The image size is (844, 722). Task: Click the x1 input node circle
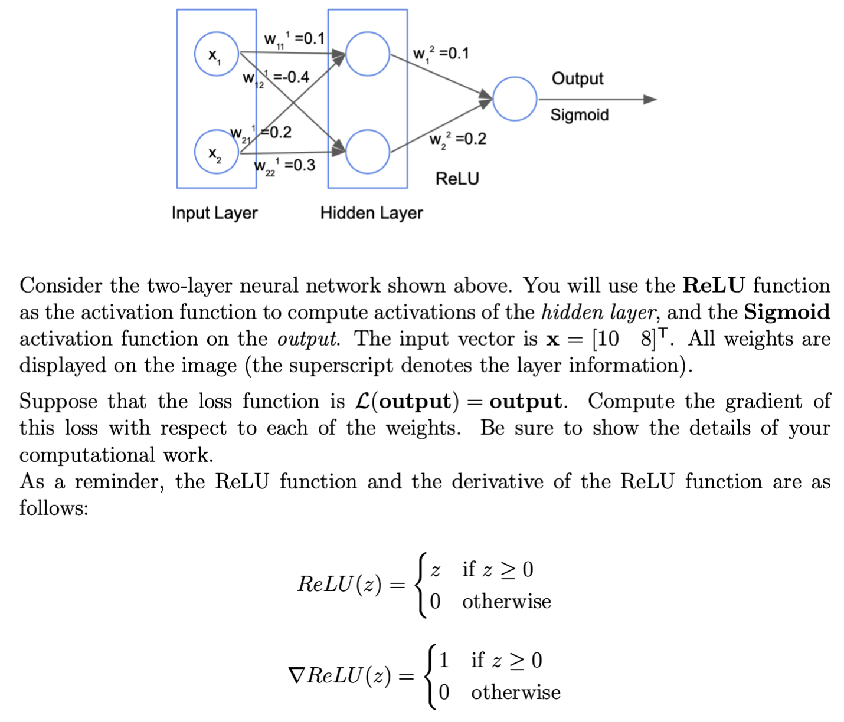pyautogui.click(x=217, y=54)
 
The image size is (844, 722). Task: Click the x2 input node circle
pyautogui.click(x=217, y=152)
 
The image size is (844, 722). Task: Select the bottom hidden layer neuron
pyautogui.click(x=367, y=152)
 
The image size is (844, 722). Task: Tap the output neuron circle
pyautogui.click(x=515, y=99)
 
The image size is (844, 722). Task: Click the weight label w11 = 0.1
pyautogui.click(x=294, y=40)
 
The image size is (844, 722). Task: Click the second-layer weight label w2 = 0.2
pyautogui.click(x=457, y=139)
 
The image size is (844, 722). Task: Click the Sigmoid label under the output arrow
pyautogui.click(x=579, y=115)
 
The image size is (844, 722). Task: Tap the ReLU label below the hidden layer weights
pyautogui.click(x=457, y=179)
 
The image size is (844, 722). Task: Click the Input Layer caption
pyautogui.click(x=214, y=213)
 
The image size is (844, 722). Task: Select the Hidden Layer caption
pyautogui.click(x=371, y=213)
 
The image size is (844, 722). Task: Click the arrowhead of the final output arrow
pyautogui.click(x=649, y=99)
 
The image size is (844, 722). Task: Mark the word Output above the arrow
pyautogui.click(x=577, y=78)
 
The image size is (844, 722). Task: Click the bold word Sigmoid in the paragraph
pyautogui.click(x=786, y=312)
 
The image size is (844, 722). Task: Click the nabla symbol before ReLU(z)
pyautogui.click(x=296, y=675)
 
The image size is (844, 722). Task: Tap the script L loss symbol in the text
pyautogui.click(x=363, y=402)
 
